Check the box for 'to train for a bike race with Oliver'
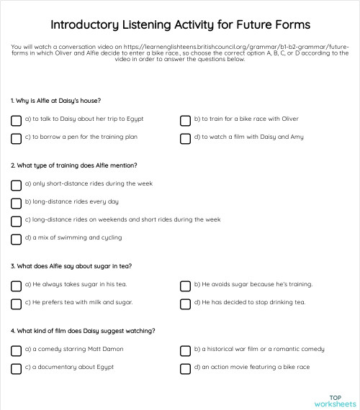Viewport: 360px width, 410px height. click(185, 120)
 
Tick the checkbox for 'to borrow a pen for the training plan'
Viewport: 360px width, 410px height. click(16, 138)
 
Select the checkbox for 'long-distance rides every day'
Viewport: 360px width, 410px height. click(16, 203)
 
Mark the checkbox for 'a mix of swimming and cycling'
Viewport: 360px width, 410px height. click(16, 239)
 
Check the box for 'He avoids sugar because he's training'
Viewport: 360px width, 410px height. click(185, 286)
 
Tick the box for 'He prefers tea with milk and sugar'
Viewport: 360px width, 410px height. click(16, 304)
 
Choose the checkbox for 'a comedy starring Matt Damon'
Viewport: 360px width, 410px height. click(16, 350)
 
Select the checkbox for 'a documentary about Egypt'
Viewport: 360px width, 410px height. click(16, 368)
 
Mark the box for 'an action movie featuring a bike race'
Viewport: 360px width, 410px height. click(185, 368)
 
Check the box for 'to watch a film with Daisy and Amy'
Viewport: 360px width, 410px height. click(185, 138)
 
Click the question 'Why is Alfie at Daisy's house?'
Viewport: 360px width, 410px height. click(55, 101)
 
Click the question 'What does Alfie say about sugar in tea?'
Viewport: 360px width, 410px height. click(71, 266)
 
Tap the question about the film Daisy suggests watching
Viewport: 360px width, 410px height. click(83, 331)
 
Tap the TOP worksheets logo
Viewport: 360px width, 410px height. click(334, 400)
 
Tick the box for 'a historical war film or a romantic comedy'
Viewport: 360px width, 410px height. click(185, 350)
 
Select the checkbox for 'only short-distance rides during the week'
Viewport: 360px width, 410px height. click(16, 185)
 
